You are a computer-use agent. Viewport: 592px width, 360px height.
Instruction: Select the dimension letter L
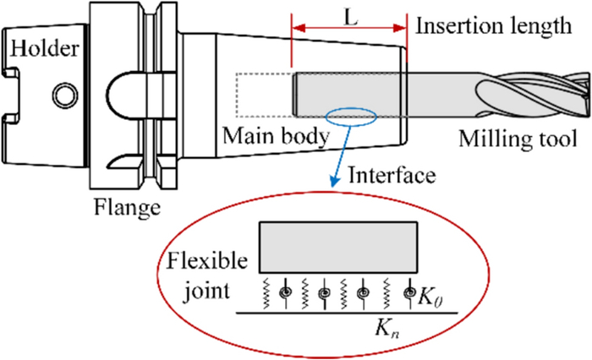point(349,16)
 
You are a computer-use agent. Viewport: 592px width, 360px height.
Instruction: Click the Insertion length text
point(493,26)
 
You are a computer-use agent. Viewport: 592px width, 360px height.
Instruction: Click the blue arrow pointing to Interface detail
point(338,152)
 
